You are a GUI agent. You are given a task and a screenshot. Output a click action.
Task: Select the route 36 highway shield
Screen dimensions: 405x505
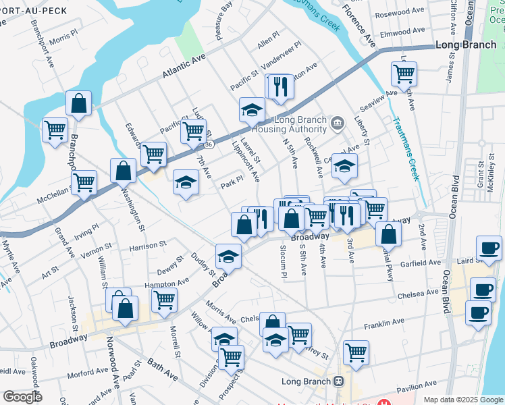(x=209, y=144)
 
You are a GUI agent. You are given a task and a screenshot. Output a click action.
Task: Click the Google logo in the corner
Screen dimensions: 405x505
(x=22, y=397)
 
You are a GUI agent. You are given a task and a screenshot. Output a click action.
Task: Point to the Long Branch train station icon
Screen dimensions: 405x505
(x=339, y=381)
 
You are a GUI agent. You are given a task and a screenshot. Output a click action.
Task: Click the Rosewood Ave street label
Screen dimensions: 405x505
(x=402, y=13)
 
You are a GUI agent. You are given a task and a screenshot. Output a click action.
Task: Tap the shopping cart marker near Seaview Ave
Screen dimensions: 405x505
(x=404, y=74)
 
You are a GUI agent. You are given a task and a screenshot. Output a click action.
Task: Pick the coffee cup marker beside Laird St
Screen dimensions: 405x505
(x=489, y=248)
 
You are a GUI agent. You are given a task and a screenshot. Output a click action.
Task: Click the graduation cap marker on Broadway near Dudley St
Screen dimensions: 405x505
(x=229, y=256)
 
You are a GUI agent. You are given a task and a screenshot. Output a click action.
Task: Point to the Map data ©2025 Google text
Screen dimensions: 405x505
(x=462, y=400)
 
